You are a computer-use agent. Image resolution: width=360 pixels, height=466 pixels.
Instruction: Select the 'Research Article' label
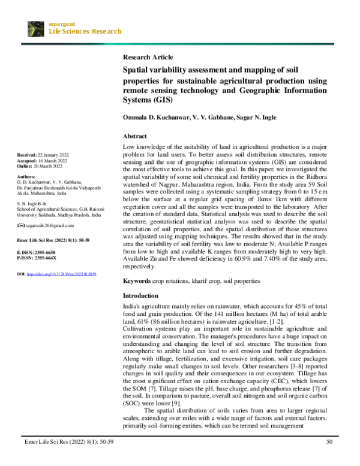click(x=148, y=57)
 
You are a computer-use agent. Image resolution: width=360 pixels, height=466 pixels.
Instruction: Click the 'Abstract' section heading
click(x=135, y=136)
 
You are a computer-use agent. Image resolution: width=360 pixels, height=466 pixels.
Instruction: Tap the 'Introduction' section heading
click(x=141, y=296)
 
